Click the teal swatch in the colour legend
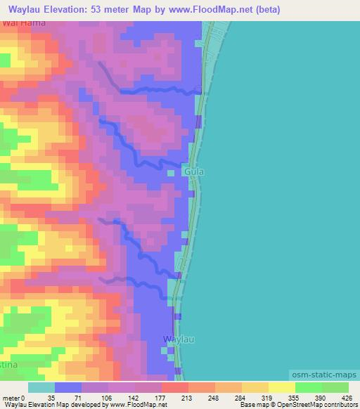(41, 387)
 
